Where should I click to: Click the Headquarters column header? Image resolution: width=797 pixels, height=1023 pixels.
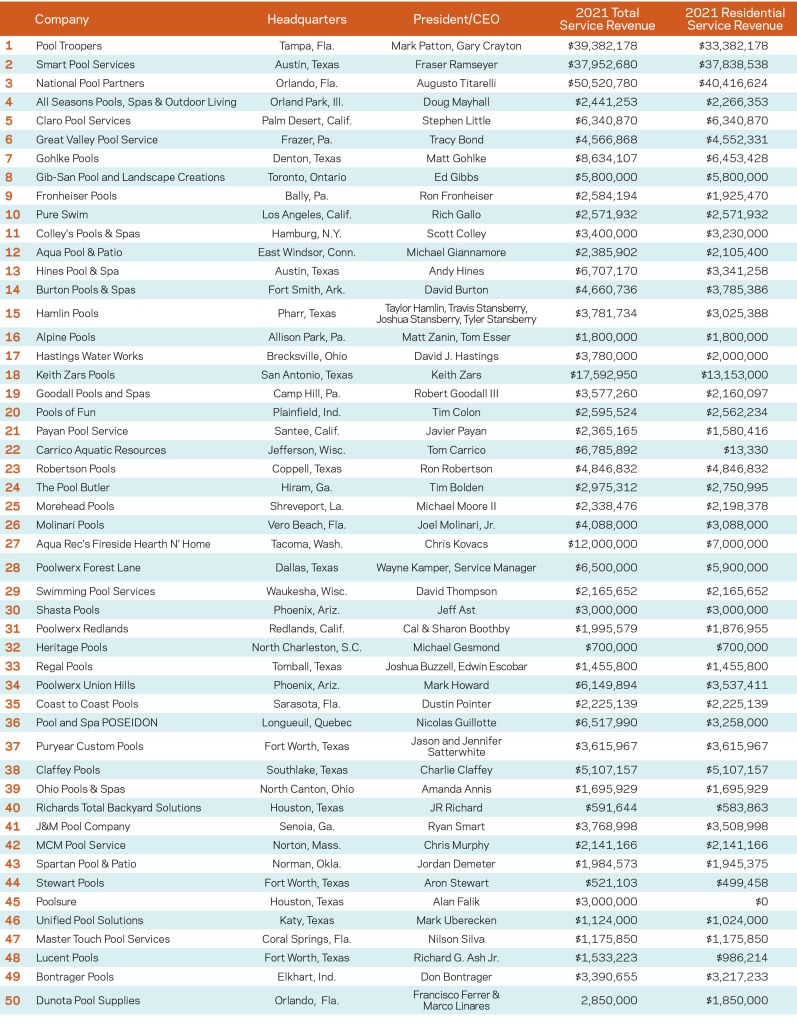[307, 19]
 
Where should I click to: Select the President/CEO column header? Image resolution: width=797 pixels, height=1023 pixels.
[456, 19]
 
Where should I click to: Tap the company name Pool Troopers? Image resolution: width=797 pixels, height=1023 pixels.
[69, 46]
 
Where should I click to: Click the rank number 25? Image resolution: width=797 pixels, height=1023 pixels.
[12, 506]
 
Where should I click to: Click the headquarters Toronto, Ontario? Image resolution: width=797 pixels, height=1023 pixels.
[307, 177]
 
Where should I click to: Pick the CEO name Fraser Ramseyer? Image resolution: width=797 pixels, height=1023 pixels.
[456, 64]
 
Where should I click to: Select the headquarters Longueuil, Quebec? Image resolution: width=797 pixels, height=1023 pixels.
[307, 723]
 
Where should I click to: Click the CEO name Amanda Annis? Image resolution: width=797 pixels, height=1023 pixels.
[456, 789]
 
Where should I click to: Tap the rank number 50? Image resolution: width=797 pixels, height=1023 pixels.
[12, 1000]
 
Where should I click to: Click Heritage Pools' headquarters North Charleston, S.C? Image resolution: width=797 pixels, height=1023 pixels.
[307, 648]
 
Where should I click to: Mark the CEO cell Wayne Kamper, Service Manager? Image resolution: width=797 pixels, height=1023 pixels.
[456, 568]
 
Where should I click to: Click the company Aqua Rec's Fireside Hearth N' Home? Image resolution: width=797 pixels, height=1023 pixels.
[123, 544]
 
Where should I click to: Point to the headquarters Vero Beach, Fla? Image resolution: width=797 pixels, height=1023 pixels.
[307, 525]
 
